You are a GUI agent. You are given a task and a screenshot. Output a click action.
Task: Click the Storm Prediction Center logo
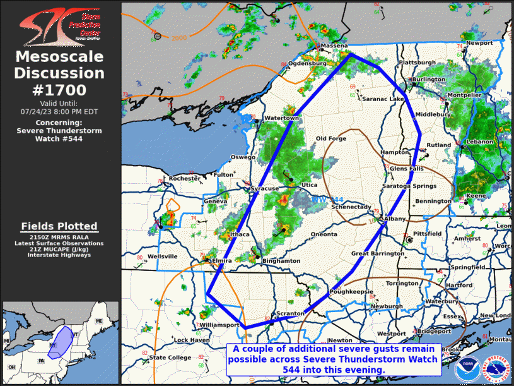tap(60, 27)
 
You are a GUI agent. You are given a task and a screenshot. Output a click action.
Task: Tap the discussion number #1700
tap(60, 90)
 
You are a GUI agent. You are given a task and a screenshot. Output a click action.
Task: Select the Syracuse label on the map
tap(264, 189)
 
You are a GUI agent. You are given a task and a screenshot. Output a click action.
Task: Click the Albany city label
tap(395, 219)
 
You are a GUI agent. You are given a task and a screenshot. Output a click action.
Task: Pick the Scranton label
tap(291, 313)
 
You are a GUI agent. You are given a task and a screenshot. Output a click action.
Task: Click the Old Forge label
tap(331, 139)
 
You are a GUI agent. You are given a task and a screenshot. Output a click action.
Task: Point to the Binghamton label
tap(281, 261)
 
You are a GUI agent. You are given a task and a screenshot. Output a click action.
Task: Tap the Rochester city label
tap(184, 179)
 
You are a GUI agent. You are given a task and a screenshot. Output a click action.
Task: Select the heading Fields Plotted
tap(59, 226)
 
